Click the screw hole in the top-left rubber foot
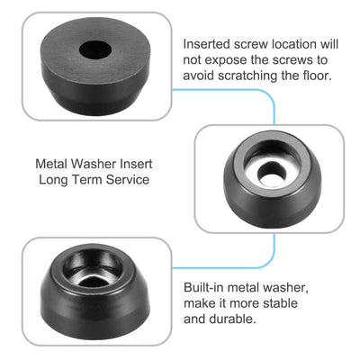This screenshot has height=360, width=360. click(95, 49)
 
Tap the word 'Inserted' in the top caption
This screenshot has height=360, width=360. click(207, 44)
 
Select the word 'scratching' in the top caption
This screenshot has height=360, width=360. click(247, 76)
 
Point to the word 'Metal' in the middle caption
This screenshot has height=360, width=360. click(52, 164)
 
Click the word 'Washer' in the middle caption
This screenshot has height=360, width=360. click(94, 164)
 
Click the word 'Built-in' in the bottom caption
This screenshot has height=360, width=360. click(204, 287)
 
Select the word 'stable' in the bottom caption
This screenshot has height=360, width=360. click(280, 303)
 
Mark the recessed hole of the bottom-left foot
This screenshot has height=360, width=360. click(92, 268)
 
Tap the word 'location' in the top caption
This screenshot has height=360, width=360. click(293, 44)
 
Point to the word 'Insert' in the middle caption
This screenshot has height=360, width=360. click(136, 164)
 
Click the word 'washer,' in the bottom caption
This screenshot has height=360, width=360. click(285, 287)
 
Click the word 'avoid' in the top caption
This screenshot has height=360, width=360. click(199, 76)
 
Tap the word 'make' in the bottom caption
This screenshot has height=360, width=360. click(198, 303)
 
